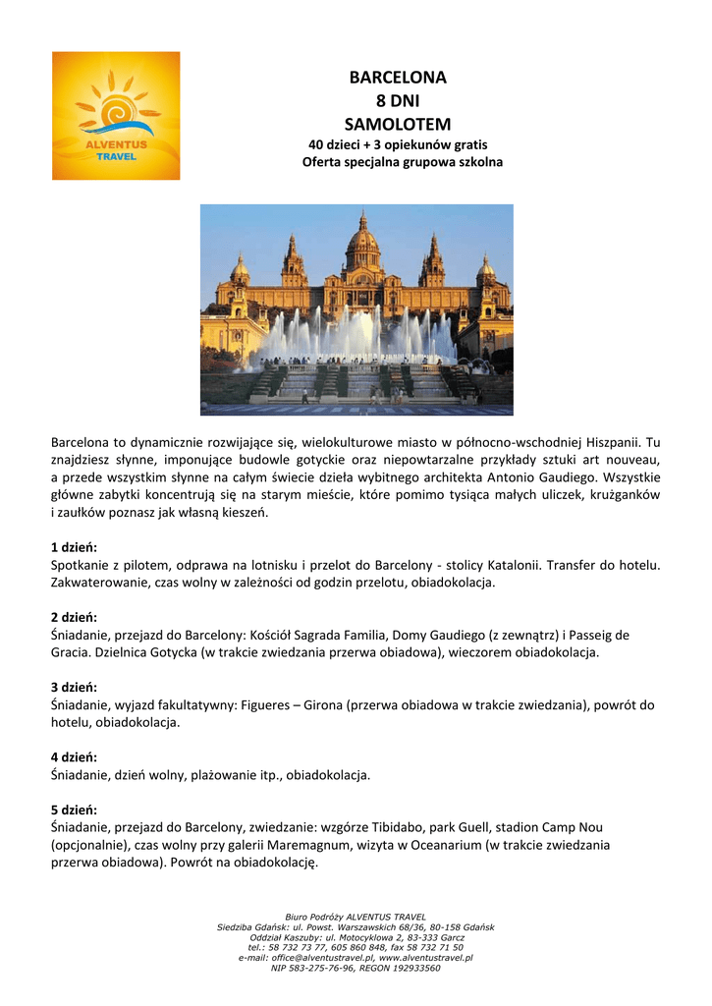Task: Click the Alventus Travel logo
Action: (x=116, y=116)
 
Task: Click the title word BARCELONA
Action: (x=398, y=78)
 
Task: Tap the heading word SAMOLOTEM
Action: (x=398, y=125)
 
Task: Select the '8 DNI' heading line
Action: (x=398, y=101)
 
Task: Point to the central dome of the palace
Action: (x=361, y=236)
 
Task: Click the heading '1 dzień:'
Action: (x=74, y=547)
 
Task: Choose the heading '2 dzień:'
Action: (x=74, y=617)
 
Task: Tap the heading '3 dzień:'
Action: (x=74, y=688)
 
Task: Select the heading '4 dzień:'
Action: (x=74, y=757)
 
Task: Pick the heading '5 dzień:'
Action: (x=74, y=810)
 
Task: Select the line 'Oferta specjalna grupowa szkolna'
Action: (x=402, y=161)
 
